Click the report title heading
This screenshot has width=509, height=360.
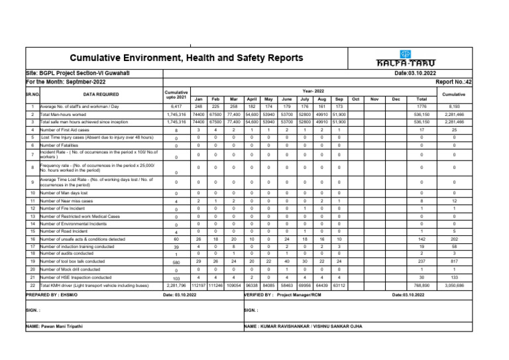[x=186, y=58]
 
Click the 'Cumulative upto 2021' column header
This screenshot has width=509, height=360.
[x=176, y=95]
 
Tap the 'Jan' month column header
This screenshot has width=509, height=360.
[x=198, y=99]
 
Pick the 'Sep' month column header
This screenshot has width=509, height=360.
[x=339, y=99]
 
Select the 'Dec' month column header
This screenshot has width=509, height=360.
[x=396, y=99]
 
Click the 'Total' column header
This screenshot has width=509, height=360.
[x=422, y=99]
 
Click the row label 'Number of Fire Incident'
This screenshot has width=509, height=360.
[x=64, y=208]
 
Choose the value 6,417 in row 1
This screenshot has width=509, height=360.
[x=176, y=106]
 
